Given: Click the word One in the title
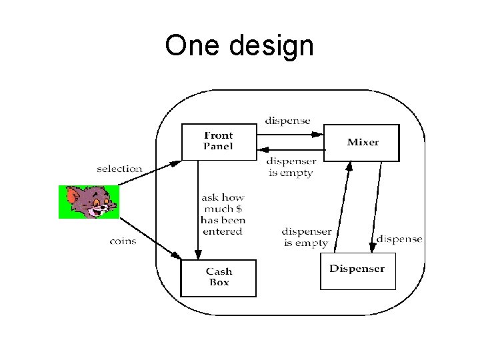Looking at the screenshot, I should pos(193,45).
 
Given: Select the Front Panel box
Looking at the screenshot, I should pos(219,141).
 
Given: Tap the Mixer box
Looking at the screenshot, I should pos(362,142).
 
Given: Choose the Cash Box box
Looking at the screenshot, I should pos(218,277).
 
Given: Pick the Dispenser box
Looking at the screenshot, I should pos(357,270).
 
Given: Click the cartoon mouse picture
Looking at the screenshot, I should pos(89,202).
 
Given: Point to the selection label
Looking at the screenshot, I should pos(119,169).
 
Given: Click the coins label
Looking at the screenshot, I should pos(123,241).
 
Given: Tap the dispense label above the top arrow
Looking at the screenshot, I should pos(287,121).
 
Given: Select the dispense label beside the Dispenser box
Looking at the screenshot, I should pos(399,239).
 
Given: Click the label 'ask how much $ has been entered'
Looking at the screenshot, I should pos(223,214).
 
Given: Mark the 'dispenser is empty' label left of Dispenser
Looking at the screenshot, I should pos(306,237).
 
